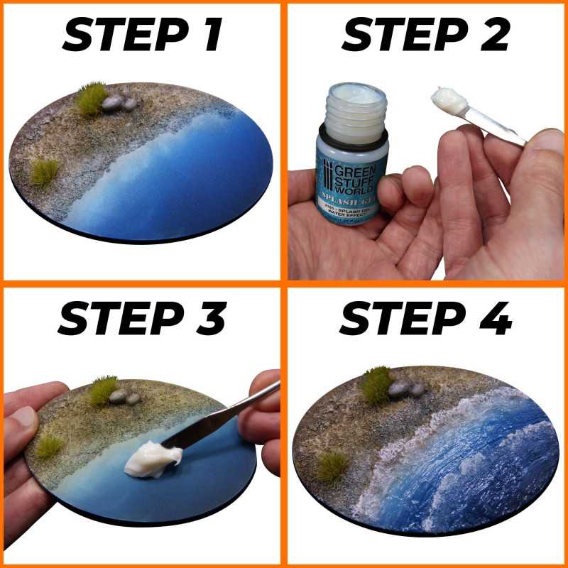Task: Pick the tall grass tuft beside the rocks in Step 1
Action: coord(91,98)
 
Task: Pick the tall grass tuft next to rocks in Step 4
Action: coord(376,384)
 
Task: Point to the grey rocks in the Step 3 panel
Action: coord(124,397)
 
